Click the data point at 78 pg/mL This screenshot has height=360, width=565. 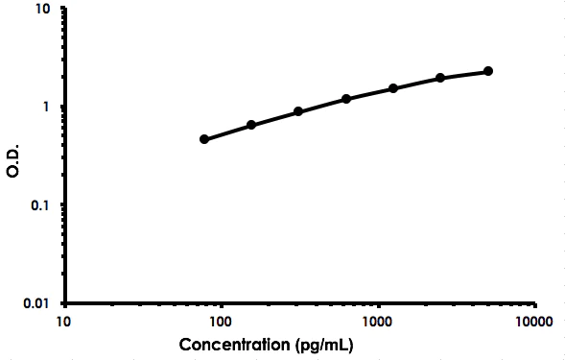204,139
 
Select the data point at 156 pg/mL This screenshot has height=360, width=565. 251,125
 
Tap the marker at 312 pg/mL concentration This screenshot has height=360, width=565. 298,111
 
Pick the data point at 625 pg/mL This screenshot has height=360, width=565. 346,99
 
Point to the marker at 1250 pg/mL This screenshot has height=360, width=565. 393,88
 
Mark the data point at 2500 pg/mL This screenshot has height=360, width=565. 440,78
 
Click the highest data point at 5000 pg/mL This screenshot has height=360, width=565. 488,71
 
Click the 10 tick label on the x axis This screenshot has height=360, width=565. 64,321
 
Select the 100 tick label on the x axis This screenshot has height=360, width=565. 221,321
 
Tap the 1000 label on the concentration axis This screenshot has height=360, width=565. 378,321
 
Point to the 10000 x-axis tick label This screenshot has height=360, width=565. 534,321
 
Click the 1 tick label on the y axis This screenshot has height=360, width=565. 50,107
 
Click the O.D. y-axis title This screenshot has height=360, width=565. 13,156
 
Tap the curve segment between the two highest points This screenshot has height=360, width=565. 464,74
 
